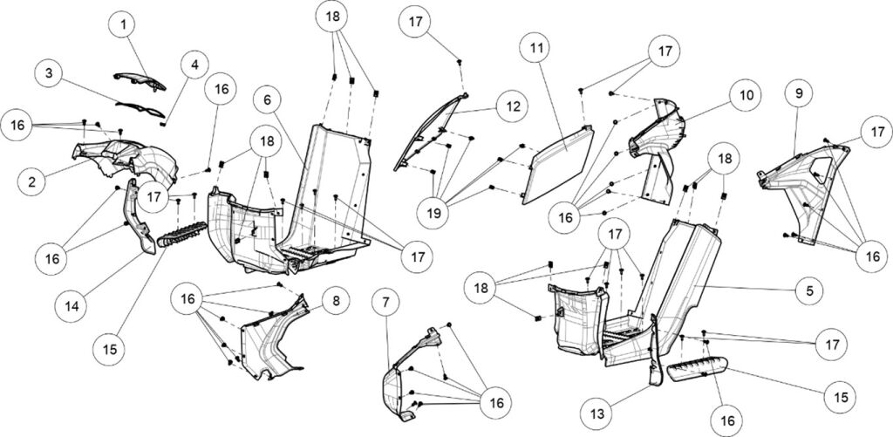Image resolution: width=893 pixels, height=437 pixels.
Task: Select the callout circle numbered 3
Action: pos(51,74)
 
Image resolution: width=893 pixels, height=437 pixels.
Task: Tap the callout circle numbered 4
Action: pos(193,65)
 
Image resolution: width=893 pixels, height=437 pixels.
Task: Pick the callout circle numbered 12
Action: pos(510,106)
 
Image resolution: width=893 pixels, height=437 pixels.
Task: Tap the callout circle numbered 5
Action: pos(809,290)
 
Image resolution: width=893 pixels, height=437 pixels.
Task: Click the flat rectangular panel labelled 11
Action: pos(558,164)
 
